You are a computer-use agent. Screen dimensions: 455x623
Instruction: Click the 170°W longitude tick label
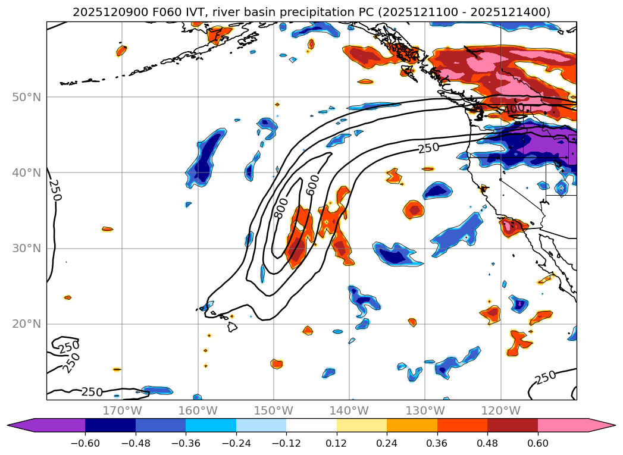click(122, 410)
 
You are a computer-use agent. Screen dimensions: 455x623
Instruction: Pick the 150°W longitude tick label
click(274, 410)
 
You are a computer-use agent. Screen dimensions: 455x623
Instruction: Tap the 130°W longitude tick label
click(425, 410)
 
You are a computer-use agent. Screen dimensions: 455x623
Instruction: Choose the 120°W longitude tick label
click(500, 410)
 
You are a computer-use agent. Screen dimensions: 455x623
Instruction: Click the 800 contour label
click(281, 208)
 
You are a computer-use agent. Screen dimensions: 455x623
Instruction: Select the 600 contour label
click(313, 185)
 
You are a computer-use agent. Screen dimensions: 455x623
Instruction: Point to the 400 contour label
click(514, 109)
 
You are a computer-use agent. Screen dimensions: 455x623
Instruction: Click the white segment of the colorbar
click(311, 425)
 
